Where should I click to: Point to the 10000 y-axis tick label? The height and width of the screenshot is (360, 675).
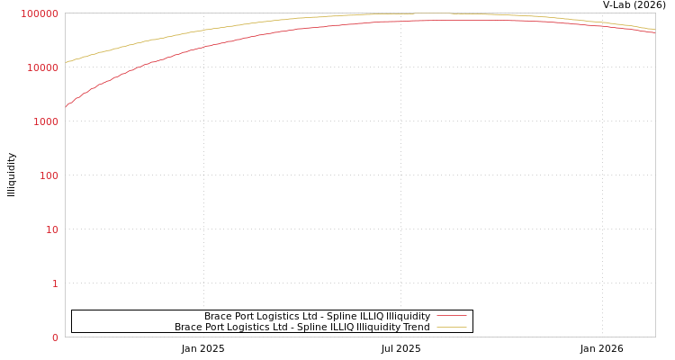click(x=44, y=67)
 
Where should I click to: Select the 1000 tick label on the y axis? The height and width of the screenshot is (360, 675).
click(x=46, y=121)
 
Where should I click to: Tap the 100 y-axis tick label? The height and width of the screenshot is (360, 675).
click(x=49, y=175)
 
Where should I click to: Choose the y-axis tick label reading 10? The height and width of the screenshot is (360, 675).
click(x=51, y=229)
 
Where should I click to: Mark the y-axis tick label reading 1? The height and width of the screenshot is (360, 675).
click(x=55, y=283)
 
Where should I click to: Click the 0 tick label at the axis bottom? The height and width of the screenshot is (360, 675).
click(x=55, y=337)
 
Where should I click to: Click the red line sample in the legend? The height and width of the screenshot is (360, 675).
click(x=451, y=316)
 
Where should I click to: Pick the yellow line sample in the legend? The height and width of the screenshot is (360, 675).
click(x=451, y=327)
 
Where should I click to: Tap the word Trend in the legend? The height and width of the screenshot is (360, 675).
click(x=416, y=327)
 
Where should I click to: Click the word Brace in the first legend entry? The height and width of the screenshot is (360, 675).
click(x=219, y=316)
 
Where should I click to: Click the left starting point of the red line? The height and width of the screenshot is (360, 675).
click(x=66, y=106)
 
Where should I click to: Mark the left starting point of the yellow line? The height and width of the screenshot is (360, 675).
click(x=66, y=62)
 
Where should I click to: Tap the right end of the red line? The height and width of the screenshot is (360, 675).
click(x=654, y=33)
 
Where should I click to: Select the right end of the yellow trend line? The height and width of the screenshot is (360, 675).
click(x=654, y=30)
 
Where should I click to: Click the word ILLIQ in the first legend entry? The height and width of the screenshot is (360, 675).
click(x=358, y=316)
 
